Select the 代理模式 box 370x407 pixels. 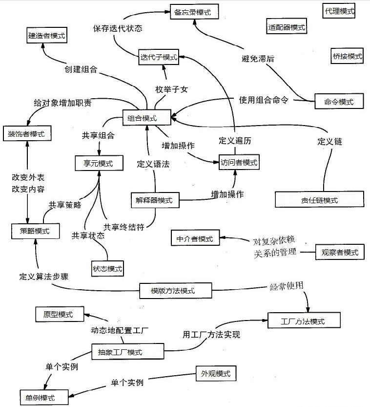click(339, 11)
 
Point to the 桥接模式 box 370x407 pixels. click(346, 57)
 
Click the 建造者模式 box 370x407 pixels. click(46, 35)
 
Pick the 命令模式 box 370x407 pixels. click(338, 101)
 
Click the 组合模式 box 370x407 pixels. click(146, 118)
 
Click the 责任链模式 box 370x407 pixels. click(319, 200)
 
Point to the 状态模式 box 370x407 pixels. click(107, 267)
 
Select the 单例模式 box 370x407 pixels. click(43, 397)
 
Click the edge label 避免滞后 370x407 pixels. click(258, 59)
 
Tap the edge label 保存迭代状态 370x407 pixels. click(118, 28)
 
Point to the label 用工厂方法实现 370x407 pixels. click(211, 335)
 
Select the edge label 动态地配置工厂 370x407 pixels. click(120, 330)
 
